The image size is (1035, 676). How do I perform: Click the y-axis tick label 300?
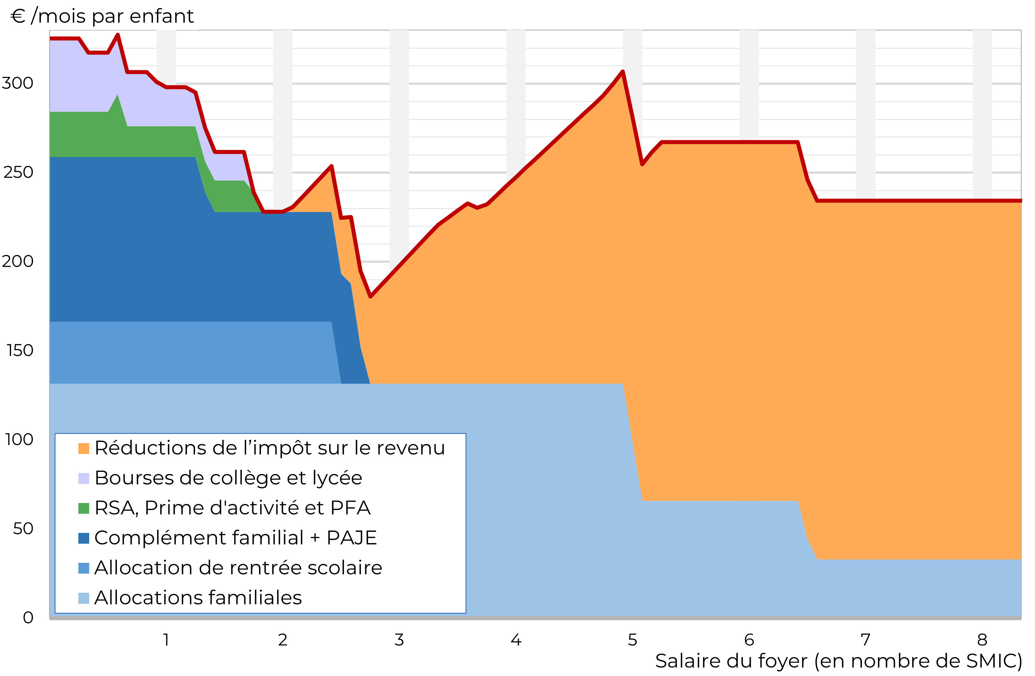pos(17,83)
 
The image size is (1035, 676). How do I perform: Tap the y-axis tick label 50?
pos(23,529)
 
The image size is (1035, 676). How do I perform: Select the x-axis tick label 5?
pos(632,640)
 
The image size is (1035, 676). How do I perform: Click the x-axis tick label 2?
pos(283,640)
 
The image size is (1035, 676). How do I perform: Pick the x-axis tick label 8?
pos(982,640)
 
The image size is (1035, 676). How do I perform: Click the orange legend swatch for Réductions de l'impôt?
pos(84,449)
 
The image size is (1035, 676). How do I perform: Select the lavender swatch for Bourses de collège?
pos(84,479)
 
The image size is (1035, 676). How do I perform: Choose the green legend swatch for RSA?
pos(84,508)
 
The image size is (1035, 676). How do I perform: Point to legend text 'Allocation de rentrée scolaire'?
pos(238,568)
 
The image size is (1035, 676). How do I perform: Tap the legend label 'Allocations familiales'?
pos(198,598)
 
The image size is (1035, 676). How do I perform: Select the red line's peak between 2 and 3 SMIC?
pos(331,166)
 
